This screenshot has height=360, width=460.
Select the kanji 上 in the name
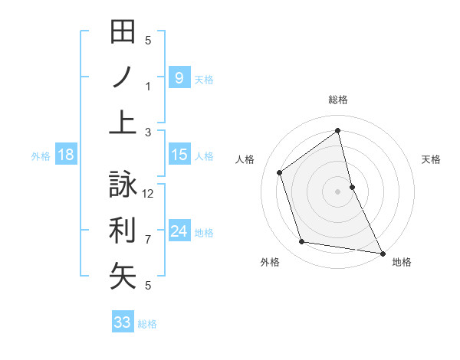tap(123, 123)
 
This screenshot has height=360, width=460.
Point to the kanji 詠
tap(123, 185)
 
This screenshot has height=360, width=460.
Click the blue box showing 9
tap(179, 77)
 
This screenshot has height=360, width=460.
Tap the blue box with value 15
tap(179, 155)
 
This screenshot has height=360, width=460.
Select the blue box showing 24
tap(179, 231)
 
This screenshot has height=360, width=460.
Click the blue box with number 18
tap(65, 155)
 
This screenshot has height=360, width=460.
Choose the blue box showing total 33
tap(123, 322)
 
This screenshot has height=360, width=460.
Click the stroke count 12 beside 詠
tap(149, 193)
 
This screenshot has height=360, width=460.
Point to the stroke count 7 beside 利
tap(148, 240)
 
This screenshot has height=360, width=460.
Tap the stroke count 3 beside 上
tap(148, 133)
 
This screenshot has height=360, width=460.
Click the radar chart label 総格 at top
tap(338, 100)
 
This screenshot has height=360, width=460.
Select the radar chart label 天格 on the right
tap(432, 159)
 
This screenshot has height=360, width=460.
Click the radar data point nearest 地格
tap(382, 253)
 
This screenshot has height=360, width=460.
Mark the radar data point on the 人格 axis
tap(280, 172)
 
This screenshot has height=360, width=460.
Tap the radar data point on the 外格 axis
tap(302, 242)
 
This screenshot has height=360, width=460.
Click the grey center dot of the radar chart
tap(338, 191)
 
